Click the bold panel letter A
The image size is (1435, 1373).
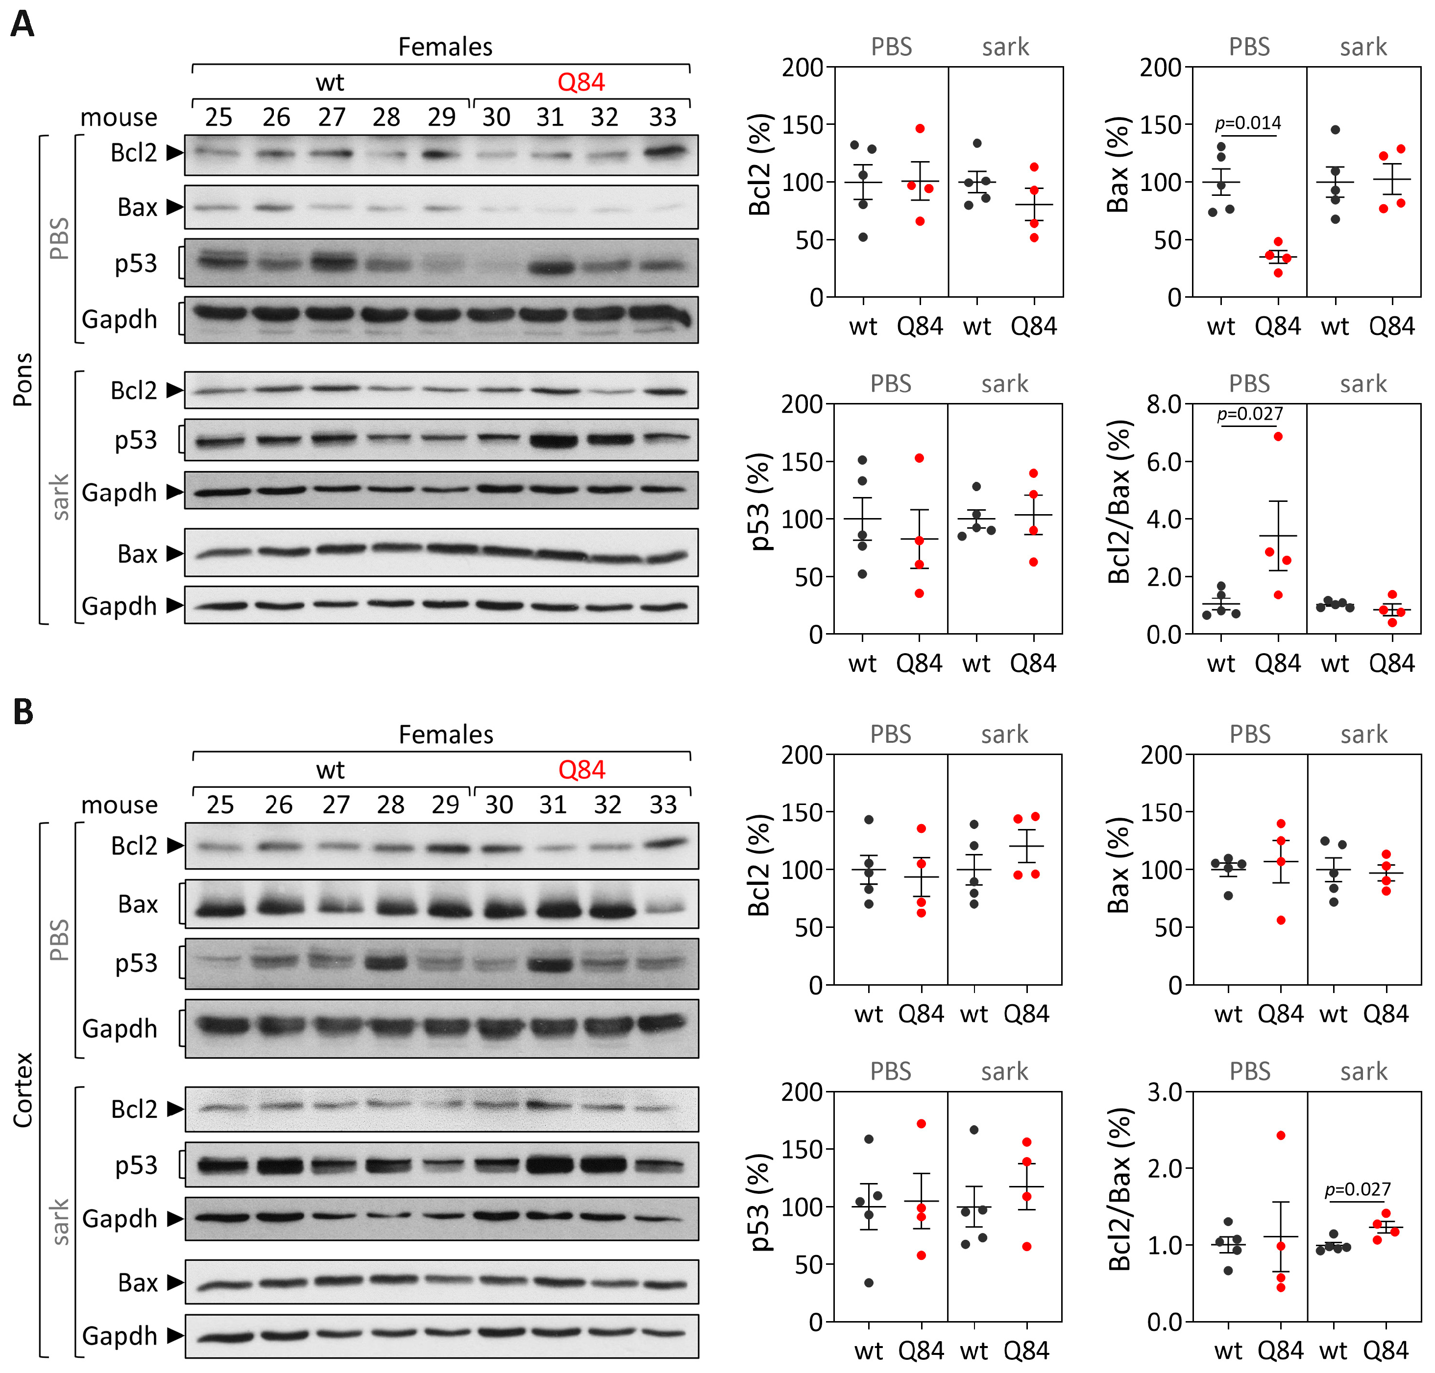point(22,24)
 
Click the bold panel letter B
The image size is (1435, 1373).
point(23,711)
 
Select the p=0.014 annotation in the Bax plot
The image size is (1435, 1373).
point(1247,123)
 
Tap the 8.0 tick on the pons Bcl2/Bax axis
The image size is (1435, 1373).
point(1164,403)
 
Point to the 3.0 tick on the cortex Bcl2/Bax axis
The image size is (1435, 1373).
point(1164,1092)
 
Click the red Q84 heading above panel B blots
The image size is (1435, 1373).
point(582,770)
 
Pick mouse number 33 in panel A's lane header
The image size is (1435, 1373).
point(662,117)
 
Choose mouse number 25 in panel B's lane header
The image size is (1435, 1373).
point(219,805)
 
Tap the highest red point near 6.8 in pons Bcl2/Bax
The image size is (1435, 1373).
point(1278,436)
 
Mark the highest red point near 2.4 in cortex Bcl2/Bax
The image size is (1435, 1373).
point(1281,1135)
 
